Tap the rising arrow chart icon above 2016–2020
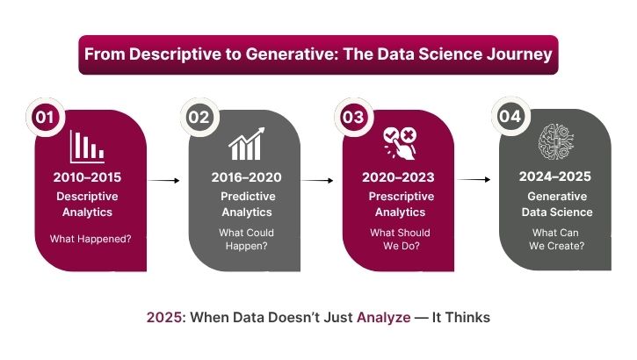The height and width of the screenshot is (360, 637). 244,145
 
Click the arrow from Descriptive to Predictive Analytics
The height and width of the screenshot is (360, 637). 164,181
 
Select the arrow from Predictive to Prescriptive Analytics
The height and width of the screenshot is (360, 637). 319,181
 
